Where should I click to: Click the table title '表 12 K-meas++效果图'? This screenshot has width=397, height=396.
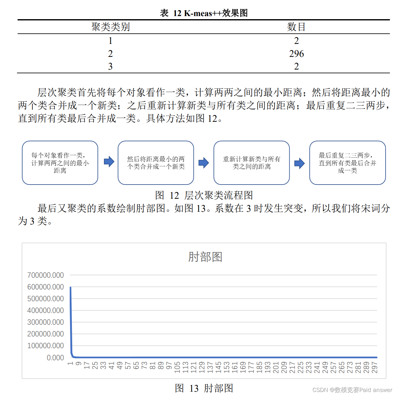[204, 13]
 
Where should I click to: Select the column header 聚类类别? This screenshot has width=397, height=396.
[110, 27]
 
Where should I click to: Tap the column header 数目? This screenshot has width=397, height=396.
[296, 27]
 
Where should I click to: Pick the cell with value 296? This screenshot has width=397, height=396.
[296, 53]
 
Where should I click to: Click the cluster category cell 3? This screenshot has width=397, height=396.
[110, 66]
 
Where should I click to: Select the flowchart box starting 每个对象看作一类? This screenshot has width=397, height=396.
[60, 163]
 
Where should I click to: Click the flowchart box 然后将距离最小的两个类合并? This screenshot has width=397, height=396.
[156, 163]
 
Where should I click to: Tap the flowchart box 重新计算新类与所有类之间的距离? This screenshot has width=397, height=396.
[251, 163]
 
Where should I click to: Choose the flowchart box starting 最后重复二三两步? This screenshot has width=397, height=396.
[347, 163]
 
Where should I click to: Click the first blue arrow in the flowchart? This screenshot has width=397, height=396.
[109, 162]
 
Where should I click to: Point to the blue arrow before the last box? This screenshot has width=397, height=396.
[299, 163]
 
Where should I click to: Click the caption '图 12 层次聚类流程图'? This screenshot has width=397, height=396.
[204, 195]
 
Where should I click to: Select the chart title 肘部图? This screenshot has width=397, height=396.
[205, 257]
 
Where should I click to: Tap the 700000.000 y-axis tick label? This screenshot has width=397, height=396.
[46, 275]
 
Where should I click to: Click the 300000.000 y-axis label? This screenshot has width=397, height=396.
[46, 322]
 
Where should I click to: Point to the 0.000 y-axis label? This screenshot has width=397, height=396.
[55, 358]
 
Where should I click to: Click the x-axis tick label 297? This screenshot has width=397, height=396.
[374, 367]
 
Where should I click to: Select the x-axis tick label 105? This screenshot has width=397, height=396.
[177, 367]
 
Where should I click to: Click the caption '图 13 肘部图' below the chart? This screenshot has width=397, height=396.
[204, 388]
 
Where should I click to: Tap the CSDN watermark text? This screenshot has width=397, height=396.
[352, 390]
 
